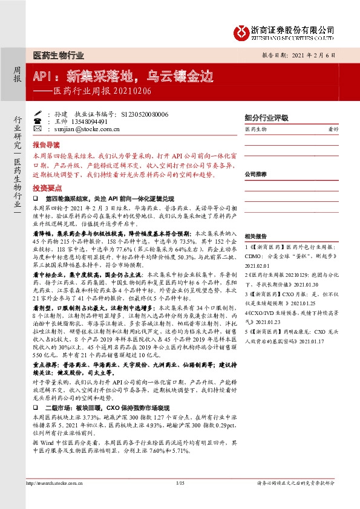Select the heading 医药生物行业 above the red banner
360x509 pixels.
click(58, 55)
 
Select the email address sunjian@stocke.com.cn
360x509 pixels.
click(84, 129)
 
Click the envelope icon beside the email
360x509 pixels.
click(38, 129)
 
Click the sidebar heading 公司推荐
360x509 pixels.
click(257, 173)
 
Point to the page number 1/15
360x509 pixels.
click(179, 484)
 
